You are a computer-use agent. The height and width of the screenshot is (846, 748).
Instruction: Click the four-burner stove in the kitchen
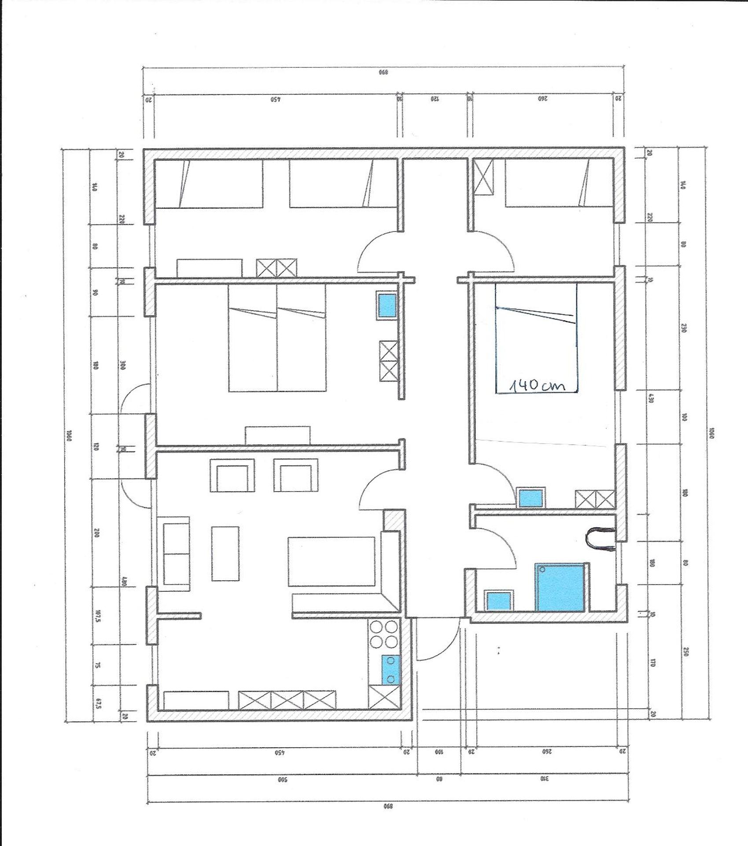pyautogui.click(x=385, y=634)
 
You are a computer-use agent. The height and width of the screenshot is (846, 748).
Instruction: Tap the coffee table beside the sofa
pyautogui.click(x=225, y=553)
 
